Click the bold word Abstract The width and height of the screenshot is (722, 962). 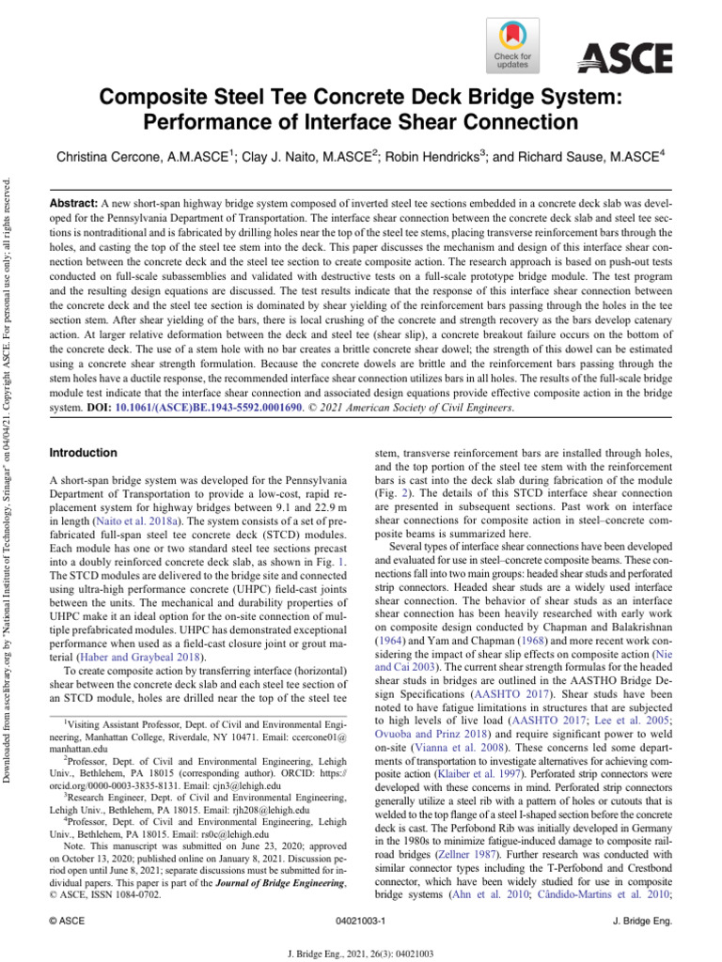click(x=72, y=202)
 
